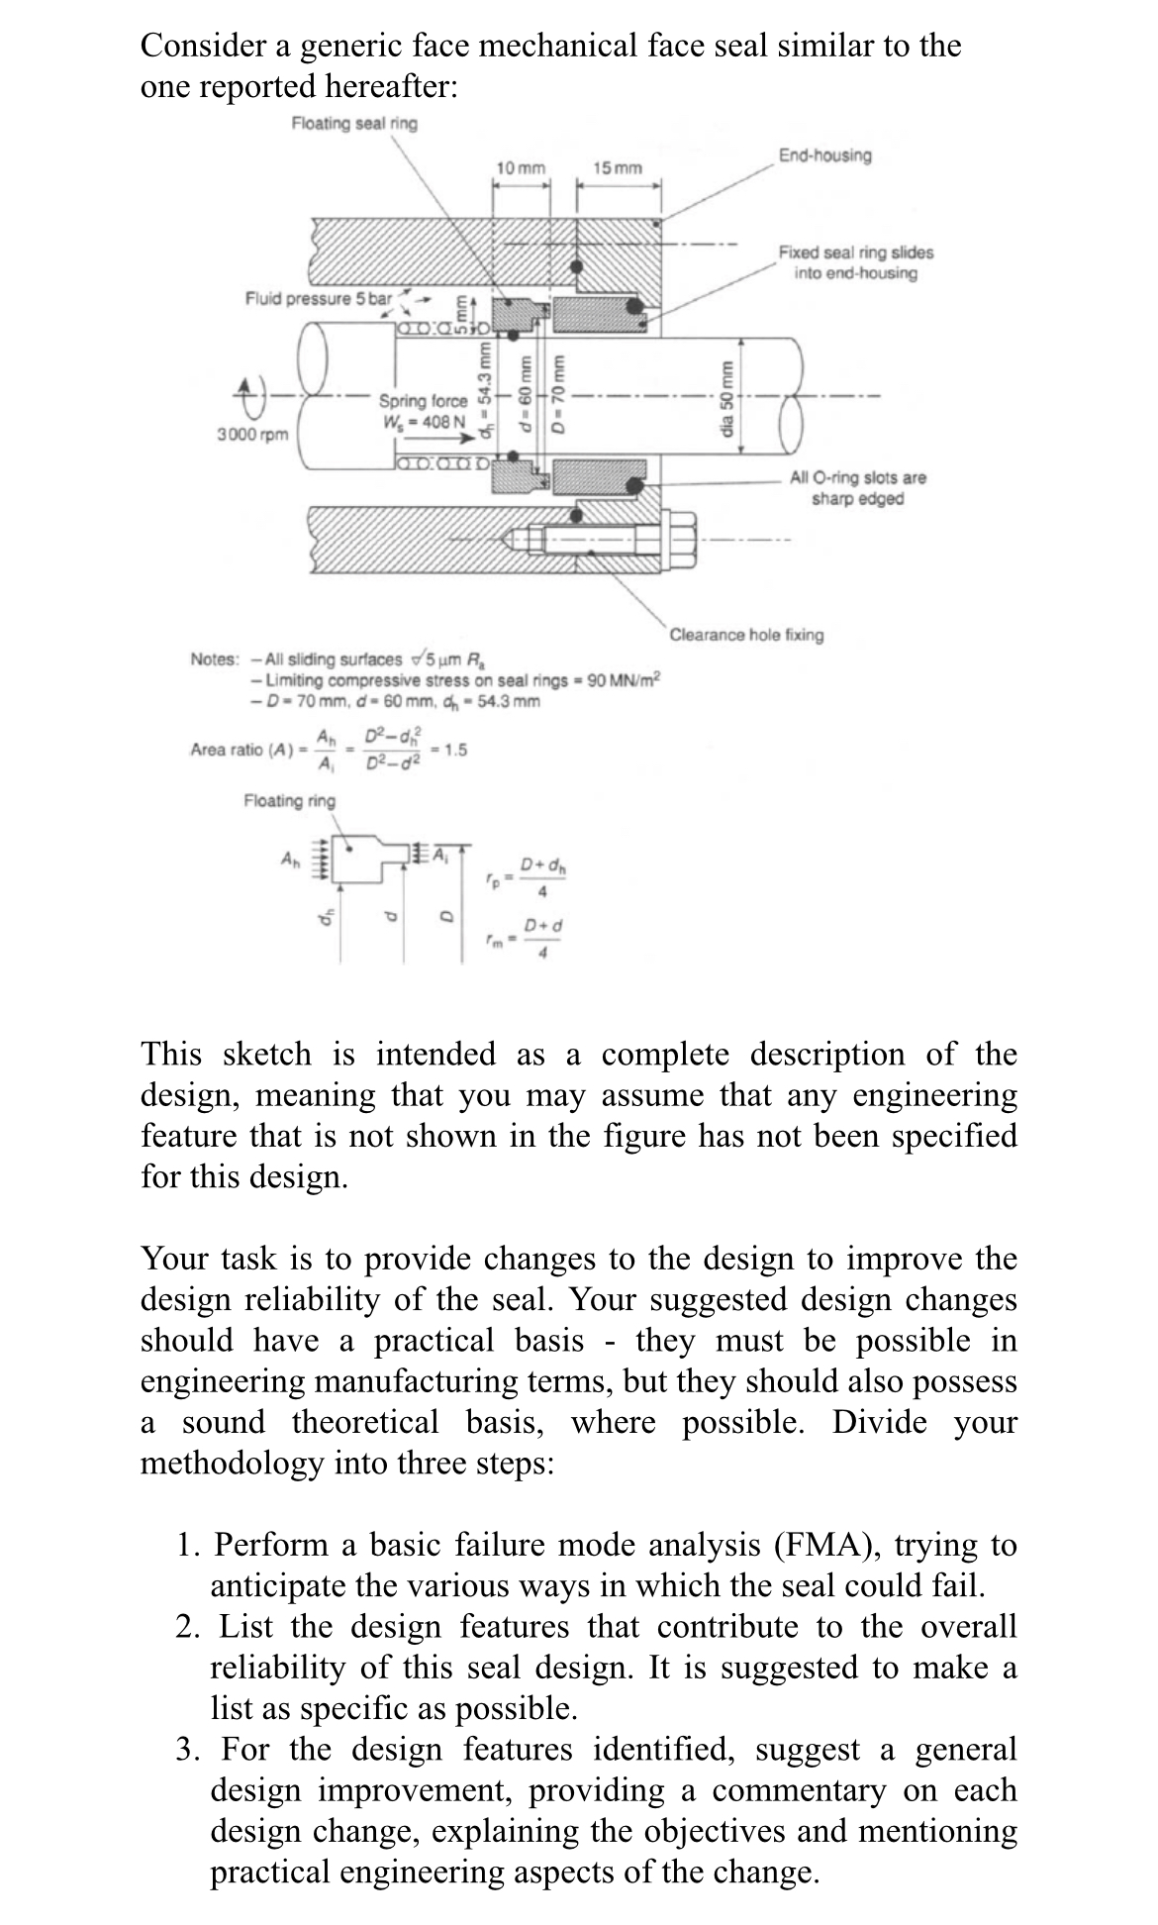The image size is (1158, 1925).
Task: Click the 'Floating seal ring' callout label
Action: (x=354, y=124)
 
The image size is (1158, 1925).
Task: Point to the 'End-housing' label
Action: (x=825, y=155)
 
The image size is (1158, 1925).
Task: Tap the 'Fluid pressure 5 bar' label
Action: (x=318, y=298)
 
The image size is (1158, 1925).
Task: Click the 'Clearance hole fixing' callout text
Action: (x=747, y=635)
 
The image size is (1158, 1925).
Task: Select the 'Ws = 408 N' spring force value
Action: (x=425, y=421)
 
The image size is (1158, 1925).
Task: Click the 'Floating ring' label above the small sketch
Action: (x=289, y=800)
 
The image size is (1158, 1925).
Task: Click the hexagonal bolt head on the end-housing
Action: (x=683, y=535)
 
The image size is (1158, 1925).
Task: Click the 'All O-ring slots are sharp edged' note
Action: (x=857, y=488)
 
